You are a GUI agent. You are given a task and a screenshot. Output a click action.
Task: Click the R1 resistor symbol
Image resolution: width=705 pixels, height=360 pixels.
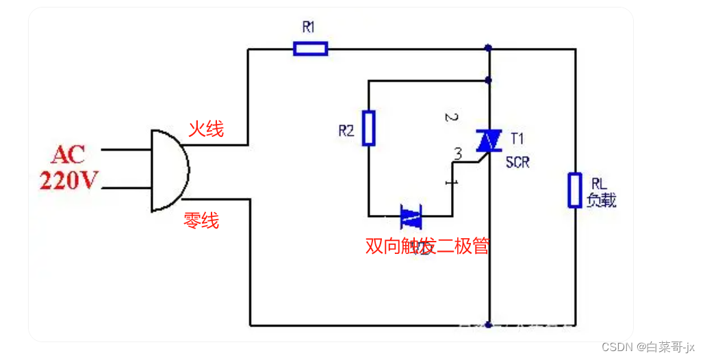click(310, 49)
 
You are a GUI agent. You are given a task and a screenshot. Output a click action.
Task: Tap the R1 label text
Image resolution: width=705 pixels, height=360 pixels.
click(309, 28)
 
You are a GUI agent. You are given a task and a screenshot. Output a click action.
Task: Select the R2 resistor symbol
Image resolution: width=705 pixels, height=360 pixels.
click(369, 128)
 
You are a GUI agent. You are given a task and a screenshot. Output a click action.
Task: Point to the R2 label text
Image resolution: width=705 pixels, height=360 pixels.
click(346, 131)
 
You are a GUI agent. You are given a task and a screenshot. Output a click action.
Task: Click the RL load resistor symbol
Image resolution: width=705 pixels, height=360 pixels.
click(574, 190)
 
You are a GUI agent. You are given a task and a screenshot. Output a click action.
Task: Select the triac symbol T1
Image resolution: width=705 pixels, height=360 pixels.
click(488, 142)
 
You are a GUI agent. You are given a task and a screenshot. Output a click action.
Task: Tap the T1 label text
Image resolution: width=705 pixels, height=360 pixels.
click(517, 139)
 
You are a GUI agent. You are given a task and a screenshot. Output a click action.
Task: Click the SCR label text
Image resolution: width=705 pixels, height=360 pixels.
click(517, 163)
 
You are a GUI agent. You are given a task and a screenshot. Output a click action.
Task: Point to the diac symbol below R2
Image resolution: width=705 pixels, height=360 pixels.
click(411, 217)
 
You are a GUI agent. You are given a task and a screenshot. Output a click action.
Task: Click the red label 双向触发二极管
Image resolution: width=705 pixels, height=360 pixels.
click(428, 246)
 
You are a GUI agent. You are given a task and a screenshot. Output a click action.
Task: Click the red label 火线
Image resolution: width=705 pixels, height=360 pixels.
click(206, 129)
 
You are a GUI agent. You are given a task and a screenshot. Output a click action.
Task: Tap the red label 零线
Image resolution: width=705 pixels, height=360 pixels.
click(201, 220)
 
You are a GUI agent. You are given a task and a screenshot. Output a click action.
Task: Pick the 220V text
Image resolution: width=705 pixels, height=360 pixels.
click(69, 180)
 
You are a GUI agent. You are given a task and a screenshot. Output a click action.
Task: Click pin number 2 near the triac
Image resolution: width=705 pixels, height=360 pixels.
click(450, 117)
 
